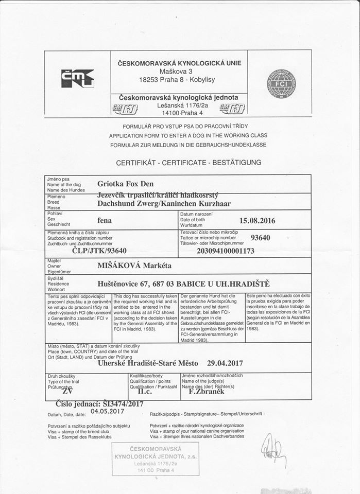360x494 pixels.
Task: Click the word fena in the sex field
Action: pyautogui.click(x=105, y=220)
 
